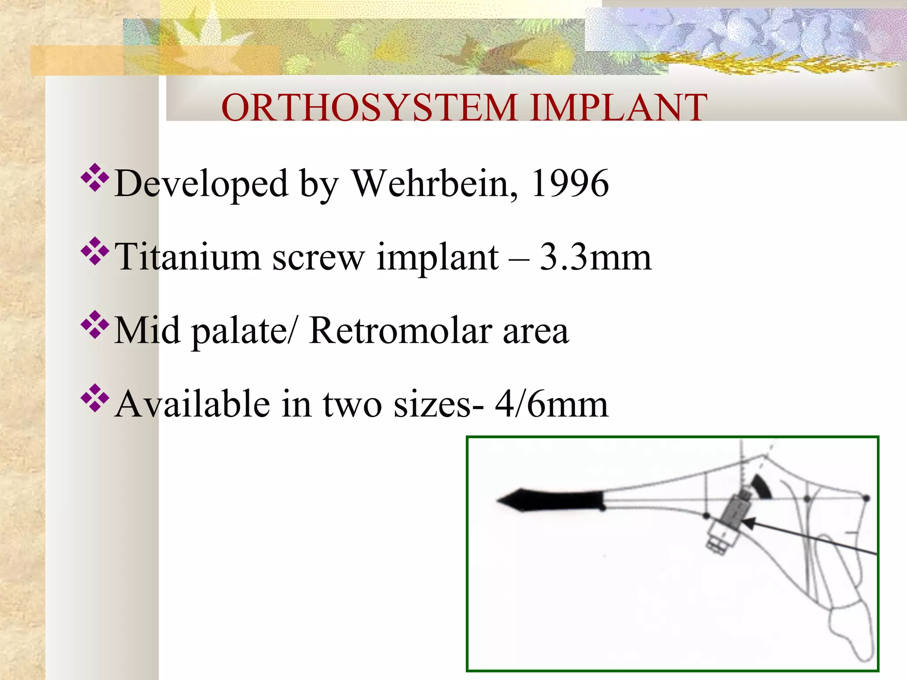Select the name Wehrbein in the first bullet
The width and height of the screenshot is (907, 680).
(434, 184)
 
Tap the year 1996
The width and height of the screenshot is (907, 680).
(570, 184)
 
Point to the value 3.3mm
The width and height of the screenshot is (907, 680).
(595, 257)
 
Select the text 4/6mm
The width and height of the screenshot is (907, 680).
(551, 404)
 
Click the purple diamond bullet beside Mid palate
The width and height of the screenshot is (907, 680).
(95, 325)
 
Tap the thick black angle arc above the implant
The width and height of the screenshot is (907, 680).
(763, 487)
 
